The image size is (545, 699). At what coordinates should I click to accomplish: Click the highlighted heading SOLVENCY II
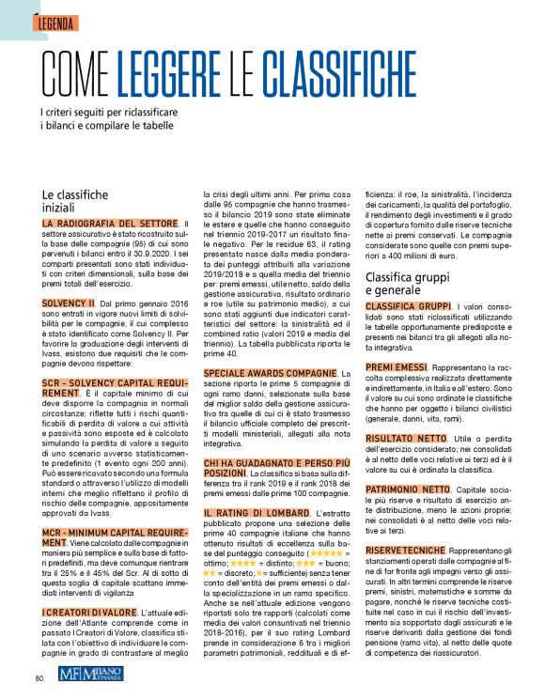pyautogui.click(x=69, y=303)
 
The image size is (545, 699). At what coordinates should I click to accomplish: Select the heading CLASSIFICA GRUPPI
pyautogui.click(x=407, y=307)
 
